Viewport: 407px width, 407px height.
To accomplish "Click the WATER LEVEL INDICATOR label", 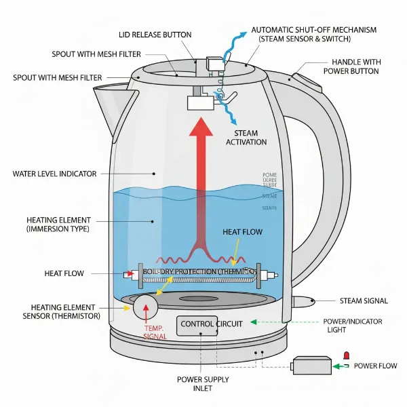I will click(x=54, y=174).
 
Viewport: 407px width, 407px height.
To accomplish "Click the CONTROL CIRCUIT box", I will click(x=210, y=324).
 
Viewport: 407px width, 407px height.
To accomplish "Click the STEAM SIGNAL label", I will click(x=362, y=301).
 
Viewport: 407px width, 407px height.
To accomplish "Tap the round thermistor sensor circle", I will click(x=147, y=307).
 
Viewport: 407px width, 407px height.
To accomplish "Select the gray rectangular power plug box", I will click(x=311, y=366).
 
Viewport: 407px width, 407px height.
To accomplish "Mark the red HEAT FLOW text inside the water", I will click(x=242, y=232).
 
